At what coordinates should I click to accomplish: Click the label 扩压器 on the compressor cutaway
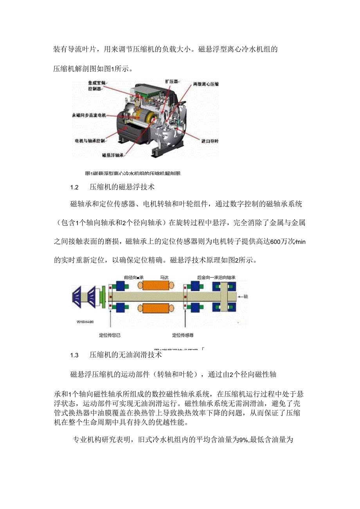(x=171, y=81)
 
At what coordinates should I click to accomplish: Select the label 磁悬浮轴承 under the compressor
(x=113, y=155)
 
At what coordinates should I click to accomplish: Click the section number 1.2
(x=75, y=187)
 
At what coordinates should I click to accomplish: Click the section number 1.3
(x=75, y=355)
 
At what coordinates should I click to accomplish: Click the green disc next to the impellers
(x=103, y=295)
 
